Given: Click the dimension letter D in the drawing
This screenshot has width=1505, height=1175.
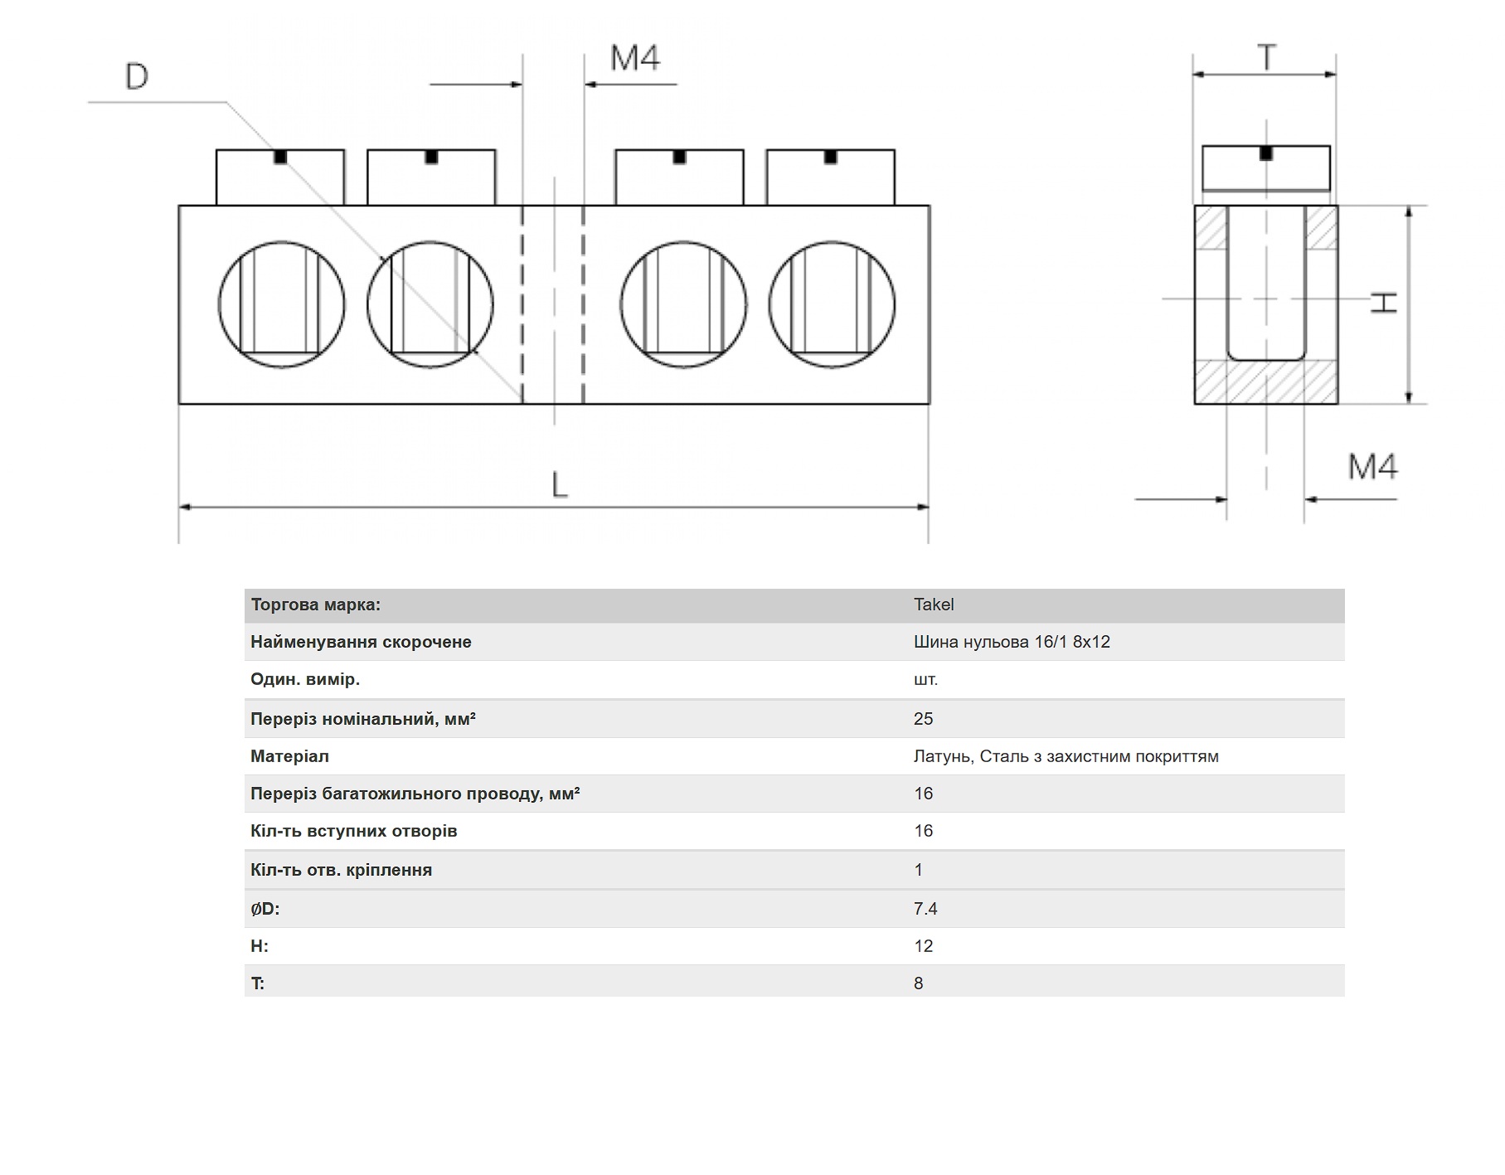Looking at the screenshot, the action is click(x=137, y=76).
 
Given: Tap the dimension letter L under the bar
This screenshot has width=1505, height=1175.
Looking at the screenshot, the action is click(x=561, y=484).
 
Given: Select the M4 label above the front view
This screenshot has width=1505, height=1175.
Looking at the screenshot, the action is click(x=635, y=58).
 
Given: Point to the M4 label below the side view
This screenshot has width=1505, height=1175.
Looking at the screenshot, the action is click(x=1372, y=467).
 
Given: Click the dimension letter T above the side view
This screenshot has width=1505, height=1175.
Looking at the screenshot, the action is click(x=1266, y=58).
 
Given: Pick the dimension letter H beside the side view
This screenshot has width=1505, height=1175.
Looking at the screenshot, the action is click(x=1383, y=302).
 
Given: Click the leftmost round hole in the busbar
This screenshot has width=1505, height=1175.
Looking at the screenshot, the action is click(x=282, y=304).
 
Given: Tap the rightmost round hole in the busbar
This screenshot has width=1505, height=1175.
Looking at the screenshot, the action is click(x=832, y=304).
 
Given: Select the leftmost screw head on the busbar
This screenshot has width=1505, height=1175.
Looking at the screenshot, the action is click(x=280, y=177).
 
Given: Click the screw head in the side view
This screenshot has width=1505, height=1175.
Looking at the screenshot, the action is click(x=1266, y=168).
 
